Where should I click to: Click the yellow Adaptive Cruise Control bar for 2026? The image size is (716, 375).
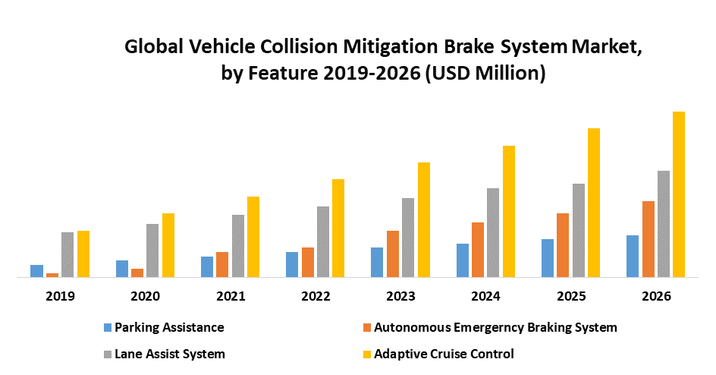[679, 194]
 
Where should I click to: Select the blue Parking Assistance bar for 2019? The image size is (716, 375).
[36, 271]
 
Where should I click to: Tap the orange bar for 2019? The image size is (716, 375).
[52, 275]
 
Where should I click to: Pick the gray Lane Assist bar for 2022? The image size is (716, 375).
[323, 241]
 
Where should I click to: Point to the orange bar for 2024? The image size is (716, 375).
[478, 250]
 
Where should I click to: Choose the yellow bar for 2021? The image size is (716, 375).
[253, 237]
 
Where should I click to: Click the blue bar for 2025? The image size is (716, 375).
[548, 258]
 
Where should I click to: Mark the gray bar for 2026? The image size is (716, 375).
[664, 224]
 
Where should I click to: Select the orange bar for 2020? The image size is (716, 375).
[137, 273]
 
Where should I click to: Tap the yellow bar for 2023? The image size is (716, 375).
[424, 219]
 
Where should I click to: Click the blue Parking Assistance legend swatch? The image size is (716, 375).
[108, 328]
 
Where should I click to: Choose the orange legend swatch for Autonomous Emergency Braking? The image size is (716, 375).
[368, 328]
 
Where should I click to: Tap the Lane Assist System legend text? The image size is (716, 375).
[170, 354]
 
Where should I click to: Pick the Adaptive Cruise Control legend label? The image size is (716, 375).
[444, 354]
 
